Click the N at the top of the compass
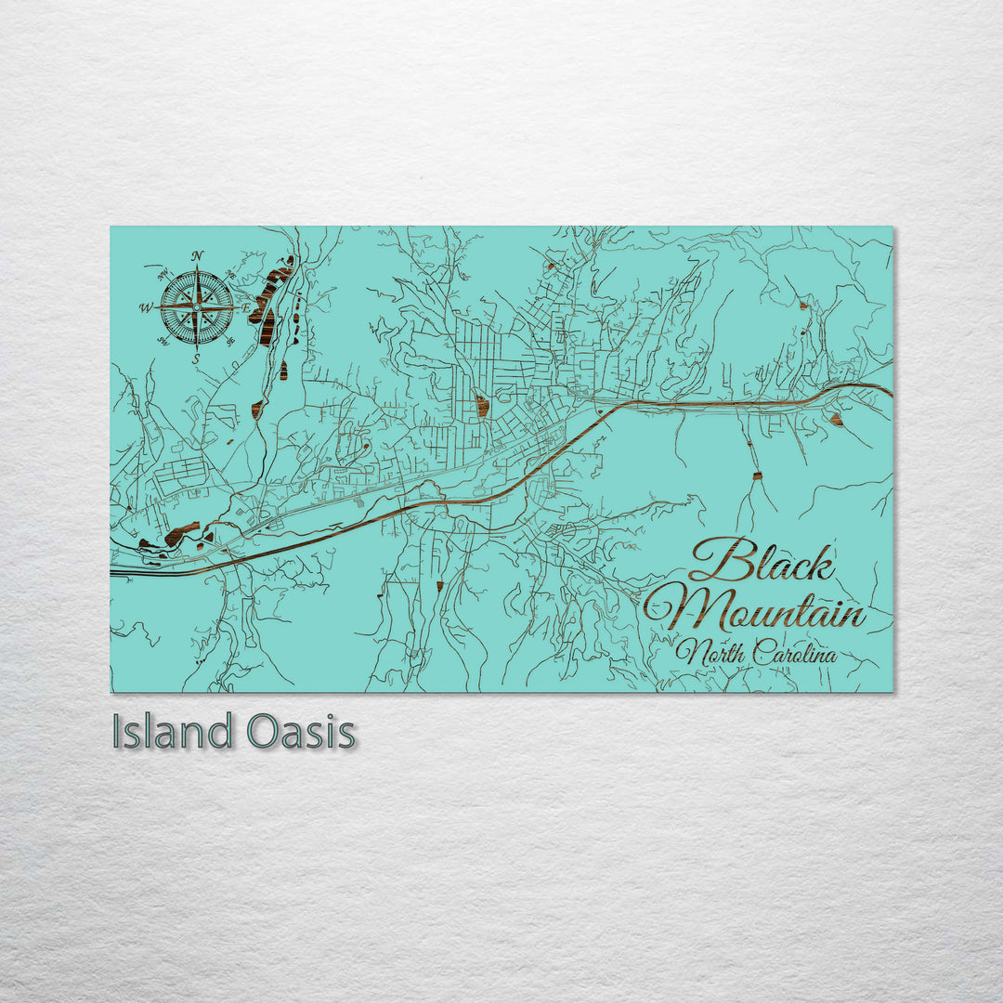tap(197, 256)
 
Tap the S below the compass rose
tap(196, 358)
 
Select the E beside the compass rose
tap(246, 306)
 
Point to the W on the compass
tap(146, 307)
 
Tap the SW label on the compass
tap(163, 341)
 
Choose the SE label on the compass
tap(230, 341)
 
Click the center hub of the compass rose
tap(197, 306)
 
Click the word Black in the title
tap(762, 562)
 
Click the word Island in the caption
tap(171, 732)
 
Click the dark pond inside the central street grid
tap(481, 405)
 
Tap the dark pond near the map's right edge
tap(836, 420)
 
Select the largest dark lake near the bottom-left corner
tap(181, 534)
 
